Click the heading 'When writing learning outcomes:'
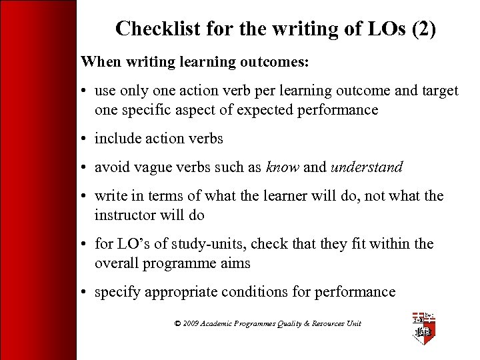tap(195, 62)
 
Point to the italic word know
tap(283, 167)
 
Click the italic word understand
tap(366, 167)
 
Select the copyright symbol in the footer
tap(177, 323)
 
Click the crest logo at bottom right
tap(424, 327)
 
